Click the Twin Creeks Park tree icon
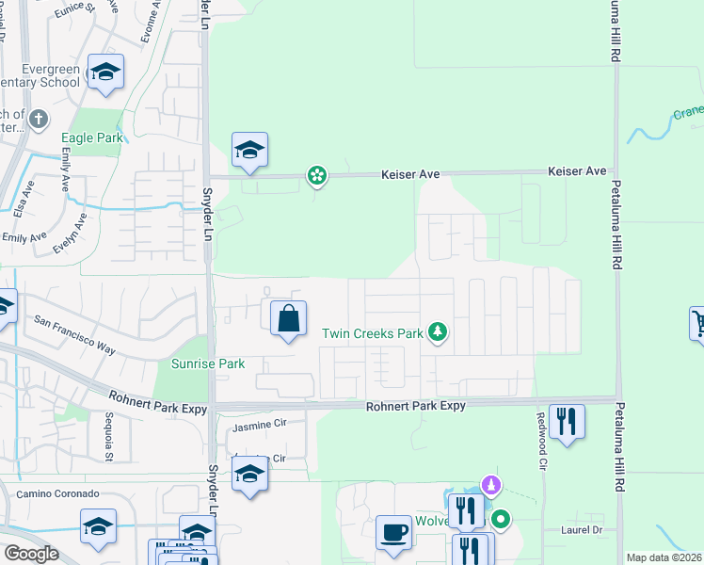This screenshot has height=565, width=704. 437,332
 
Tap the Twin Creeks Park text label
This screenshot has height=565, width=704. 373,333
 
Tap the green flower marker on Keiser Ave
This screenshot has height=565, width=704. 317,175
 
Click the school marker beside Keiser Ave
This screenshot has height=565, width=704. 250,151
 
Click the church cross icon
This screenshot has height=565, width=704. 38,119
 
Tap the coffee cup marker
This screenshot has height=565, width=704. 394,532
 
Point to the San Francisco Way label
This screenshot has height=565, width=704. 74,334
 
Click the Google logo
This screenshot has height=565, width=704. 31,553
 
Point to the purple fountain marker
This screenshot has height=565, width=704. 489,486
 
